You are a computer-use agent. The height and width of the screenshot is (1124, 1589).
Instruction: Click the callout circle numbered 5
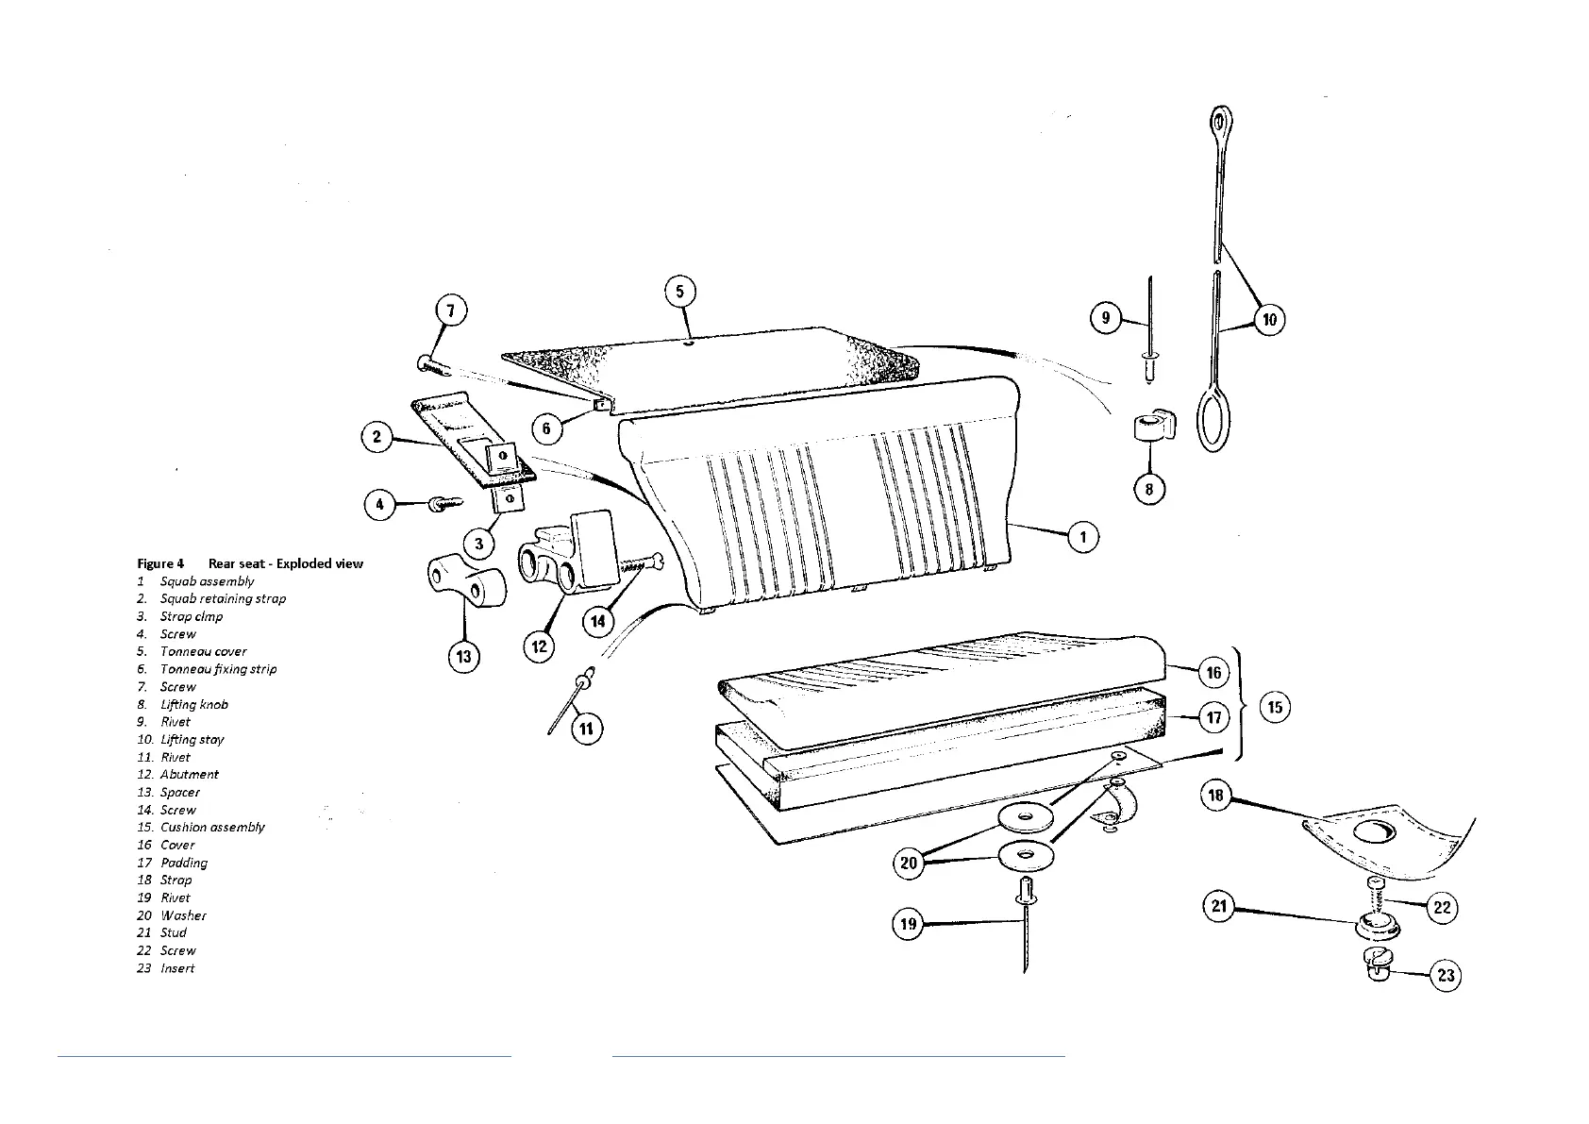[680, 291]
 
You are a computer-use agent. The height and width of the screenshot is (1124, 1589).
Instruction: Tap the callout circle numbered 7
[452, 310]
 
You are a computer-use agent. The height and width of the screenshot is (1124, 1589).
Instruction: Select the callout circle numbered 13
[463, 657]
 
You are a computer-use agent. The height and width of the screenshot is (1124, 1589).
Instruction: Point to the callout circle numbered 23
[1446, 975]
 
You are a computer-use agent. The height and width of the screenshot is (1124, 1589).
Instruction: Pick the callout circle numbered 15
[1275, 707]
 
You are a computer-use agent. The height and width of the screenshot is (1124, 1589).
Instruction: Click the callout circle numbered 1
[1083, 537]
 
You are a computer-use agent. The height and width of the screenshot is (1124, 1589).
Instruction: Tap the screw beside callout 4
[441, 504]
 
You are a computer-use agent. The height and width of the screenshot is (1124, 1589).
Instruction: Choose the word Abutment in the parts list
[189, 775]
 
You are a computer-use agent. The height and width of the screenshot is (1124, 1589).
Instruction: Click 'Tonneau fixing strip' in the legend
[218, 669]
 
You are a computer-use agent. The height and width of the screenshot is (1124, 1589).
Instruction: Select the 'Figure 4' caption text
[160, 563]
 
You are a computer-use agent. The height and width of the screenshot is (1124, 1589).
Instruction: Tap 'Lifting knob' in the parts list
[193, 704]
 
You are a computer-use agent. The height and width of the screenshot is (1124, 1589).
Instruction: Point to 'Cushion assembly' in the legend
[212, 828]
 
